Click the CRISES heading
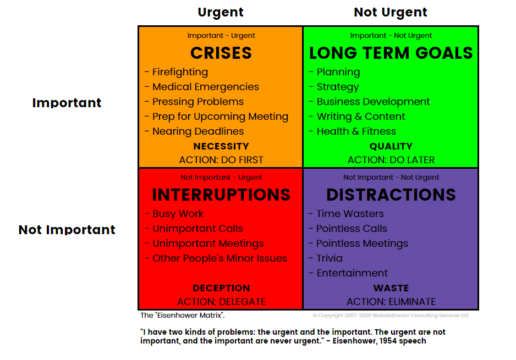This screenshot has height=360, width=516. [x=221, y=53]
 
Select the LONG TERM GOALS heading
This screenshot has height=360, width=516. [x=391, y=53]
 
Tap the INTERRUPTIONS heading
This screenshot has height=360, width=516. [x=221, y=195]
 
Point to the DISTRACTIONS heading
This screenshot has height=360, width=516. [x=391, y=195]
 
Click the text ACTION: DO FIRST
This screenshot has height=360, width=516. [x=221, y=160]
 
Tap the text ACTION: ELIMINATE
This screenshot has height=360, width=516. [x=391, y=302]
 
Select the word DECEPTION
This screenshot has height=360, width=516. [x=221, y=288]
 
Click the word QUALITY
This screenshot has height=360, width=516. [x=391, y=146]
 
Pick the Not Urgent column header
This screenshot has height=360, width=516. [x=390, y=12]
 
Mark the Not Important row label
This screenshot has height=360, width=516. [x=67, y=230]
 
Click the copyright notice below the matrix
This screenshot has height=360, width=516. [x=390, y=315]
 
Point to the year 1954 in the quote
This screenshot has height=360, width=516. [x=388, y=341]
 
